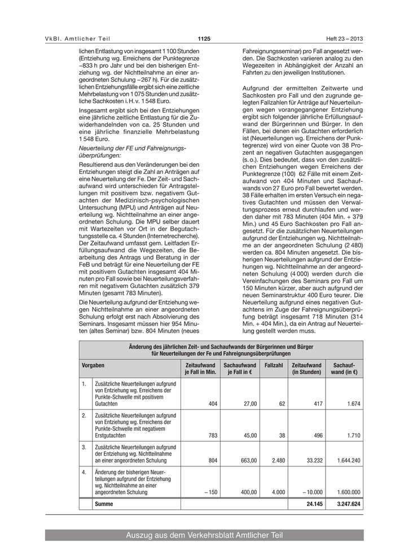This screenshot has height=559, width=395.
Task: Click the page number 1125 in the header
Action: (x=204, y=38)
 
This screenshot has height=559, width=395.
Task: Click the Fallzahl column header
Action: (x=274, y=365)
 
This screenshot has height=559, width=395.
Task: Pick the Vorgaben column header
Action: (x=93, y=365)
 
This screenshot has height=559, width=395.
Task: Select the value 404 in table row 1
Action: (x=213, y=404)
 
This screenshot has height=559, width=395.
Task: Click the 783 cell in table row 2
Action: (x=213, y=435)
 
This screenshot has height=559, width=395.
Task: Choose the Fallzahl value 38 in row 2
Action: (x=282, y=435)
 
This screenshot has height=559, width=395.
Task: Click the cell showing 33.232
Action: (x=313, y=461)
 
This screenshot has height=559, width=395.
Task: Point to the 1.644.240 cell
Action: (x=349, y=461)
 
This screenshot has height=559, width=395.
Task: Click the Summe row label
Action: (x=104, y=503)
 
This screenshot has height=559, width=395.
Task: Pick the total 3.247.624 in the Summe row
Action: (x=347, y=503)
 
